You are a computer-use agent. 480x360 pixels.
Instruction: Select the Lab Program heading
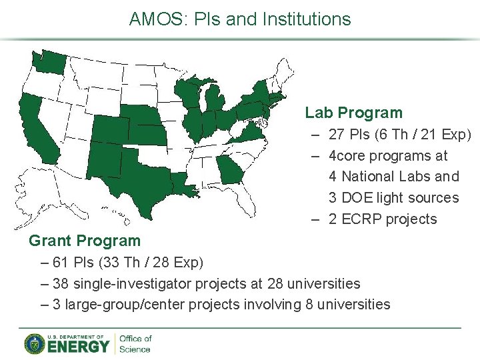(354, 113)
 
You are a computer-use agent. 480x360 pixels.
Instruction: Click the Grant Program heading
(85, 241)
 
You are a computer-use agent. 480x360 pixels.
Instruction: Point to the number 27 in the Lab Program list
(337, 135)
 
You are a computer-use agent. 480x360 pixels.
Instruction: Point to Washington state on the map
(48, 61)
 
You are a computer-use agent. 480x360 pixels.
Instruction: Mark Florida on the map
(250, 200)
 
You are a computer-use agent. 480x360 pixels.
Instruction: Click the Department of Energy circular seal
(34, 343)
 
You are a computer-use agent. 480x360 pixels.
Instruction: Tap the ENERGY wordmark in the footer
(78, 347)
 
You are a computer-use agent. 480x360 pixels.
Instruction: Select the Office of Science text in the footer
(135, 344)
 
